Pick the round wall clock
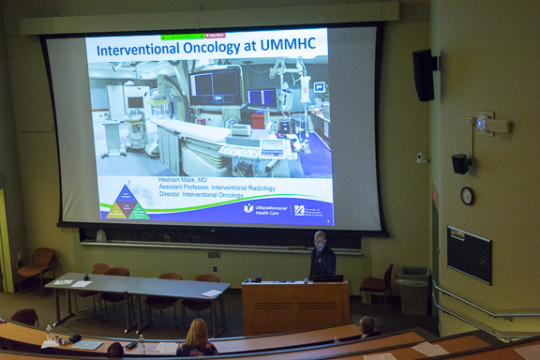tap(467, 196)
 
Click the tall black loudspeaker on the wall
tap(424, 75)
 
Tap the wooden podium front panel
tap(294, 307)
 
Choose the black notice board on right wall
tap(469, 253)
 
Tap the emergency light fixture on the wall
tap(488, 124)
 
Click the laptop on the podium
tap(326, 278)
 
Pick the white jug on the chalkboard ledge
tap(100, 236)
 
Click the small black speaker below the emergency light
tap(460, 163)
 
